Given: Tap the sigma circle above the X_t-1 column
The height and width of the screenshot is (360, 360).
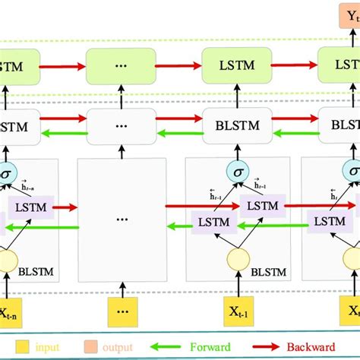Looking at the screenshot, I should click(x=235, y=174).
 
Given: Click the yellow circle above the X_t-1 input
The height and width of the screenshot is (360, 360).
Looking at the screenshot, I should click(x=235, y=261).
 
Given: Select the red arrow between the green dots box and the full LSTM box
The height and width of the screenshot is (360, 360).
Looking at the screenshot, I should click(x=179, y=67).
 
